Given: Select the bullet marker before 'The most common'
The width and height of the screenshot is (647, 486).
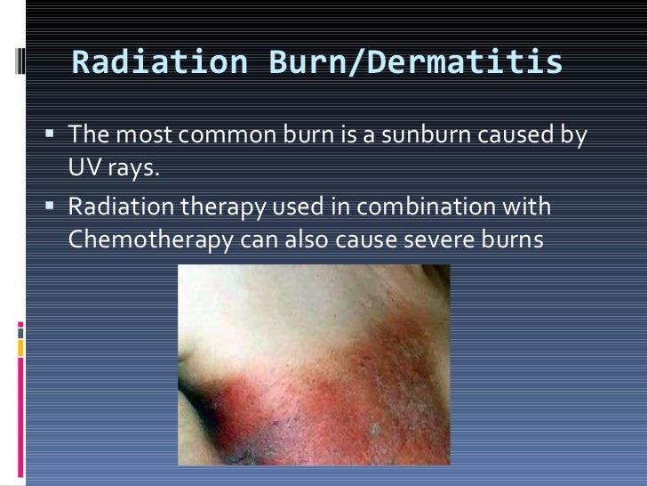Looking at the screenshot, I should tap(50, 135).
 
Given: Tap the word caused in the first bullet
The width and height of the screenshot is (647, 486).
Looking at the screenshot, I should tap(518, 136).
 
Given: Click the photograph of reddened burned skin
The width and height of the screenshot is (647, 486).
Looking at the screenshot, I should tap(314, 365).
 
